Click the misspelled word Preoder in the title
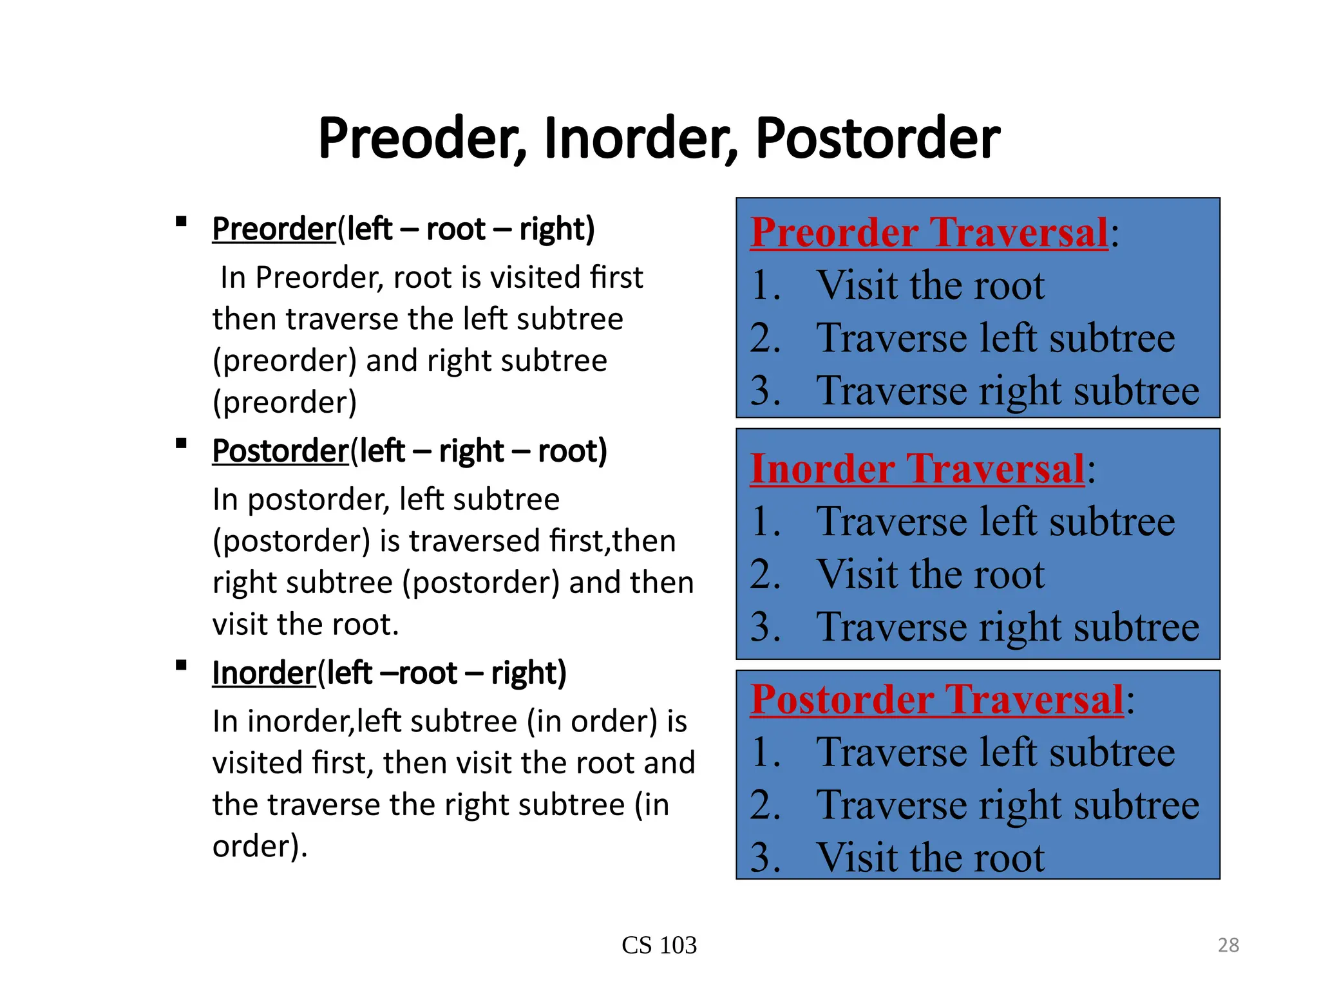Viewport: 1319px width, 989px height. (422, 138)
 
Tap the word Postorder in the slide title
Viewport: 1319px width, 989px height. (877, 138)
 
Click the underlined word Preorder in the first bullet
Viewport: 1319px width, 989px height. (274, 229)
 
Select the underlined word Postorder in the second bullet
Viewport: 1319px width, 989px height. (280, 451)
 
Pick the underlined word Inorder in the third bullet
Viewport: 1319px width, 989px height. (264, 673)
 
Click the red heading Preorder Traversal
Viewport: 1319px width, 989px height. (929, 232)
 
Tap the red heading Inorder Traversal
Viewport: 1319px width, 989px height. (917, 469)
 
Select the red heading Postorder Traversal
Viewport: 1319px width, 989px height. (936, 699)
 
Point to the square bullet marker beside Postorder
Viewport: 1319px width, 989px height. (181, 444)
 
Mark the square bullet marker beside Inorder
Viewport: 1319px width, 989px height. (181, 666)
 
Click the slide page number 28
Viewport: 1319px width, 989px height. (1228, 945)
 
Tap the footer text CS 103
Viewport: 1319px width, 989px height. (659, 945)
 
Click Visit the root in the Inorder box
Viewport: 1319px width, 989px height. (930, 574)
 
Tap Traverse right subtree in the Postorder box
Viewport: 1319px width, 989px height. (1007, 805)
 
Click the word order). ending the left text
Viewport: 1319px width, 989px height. (260, 847)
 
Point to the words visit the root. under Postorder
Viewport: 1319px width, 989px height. (306, 625)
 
